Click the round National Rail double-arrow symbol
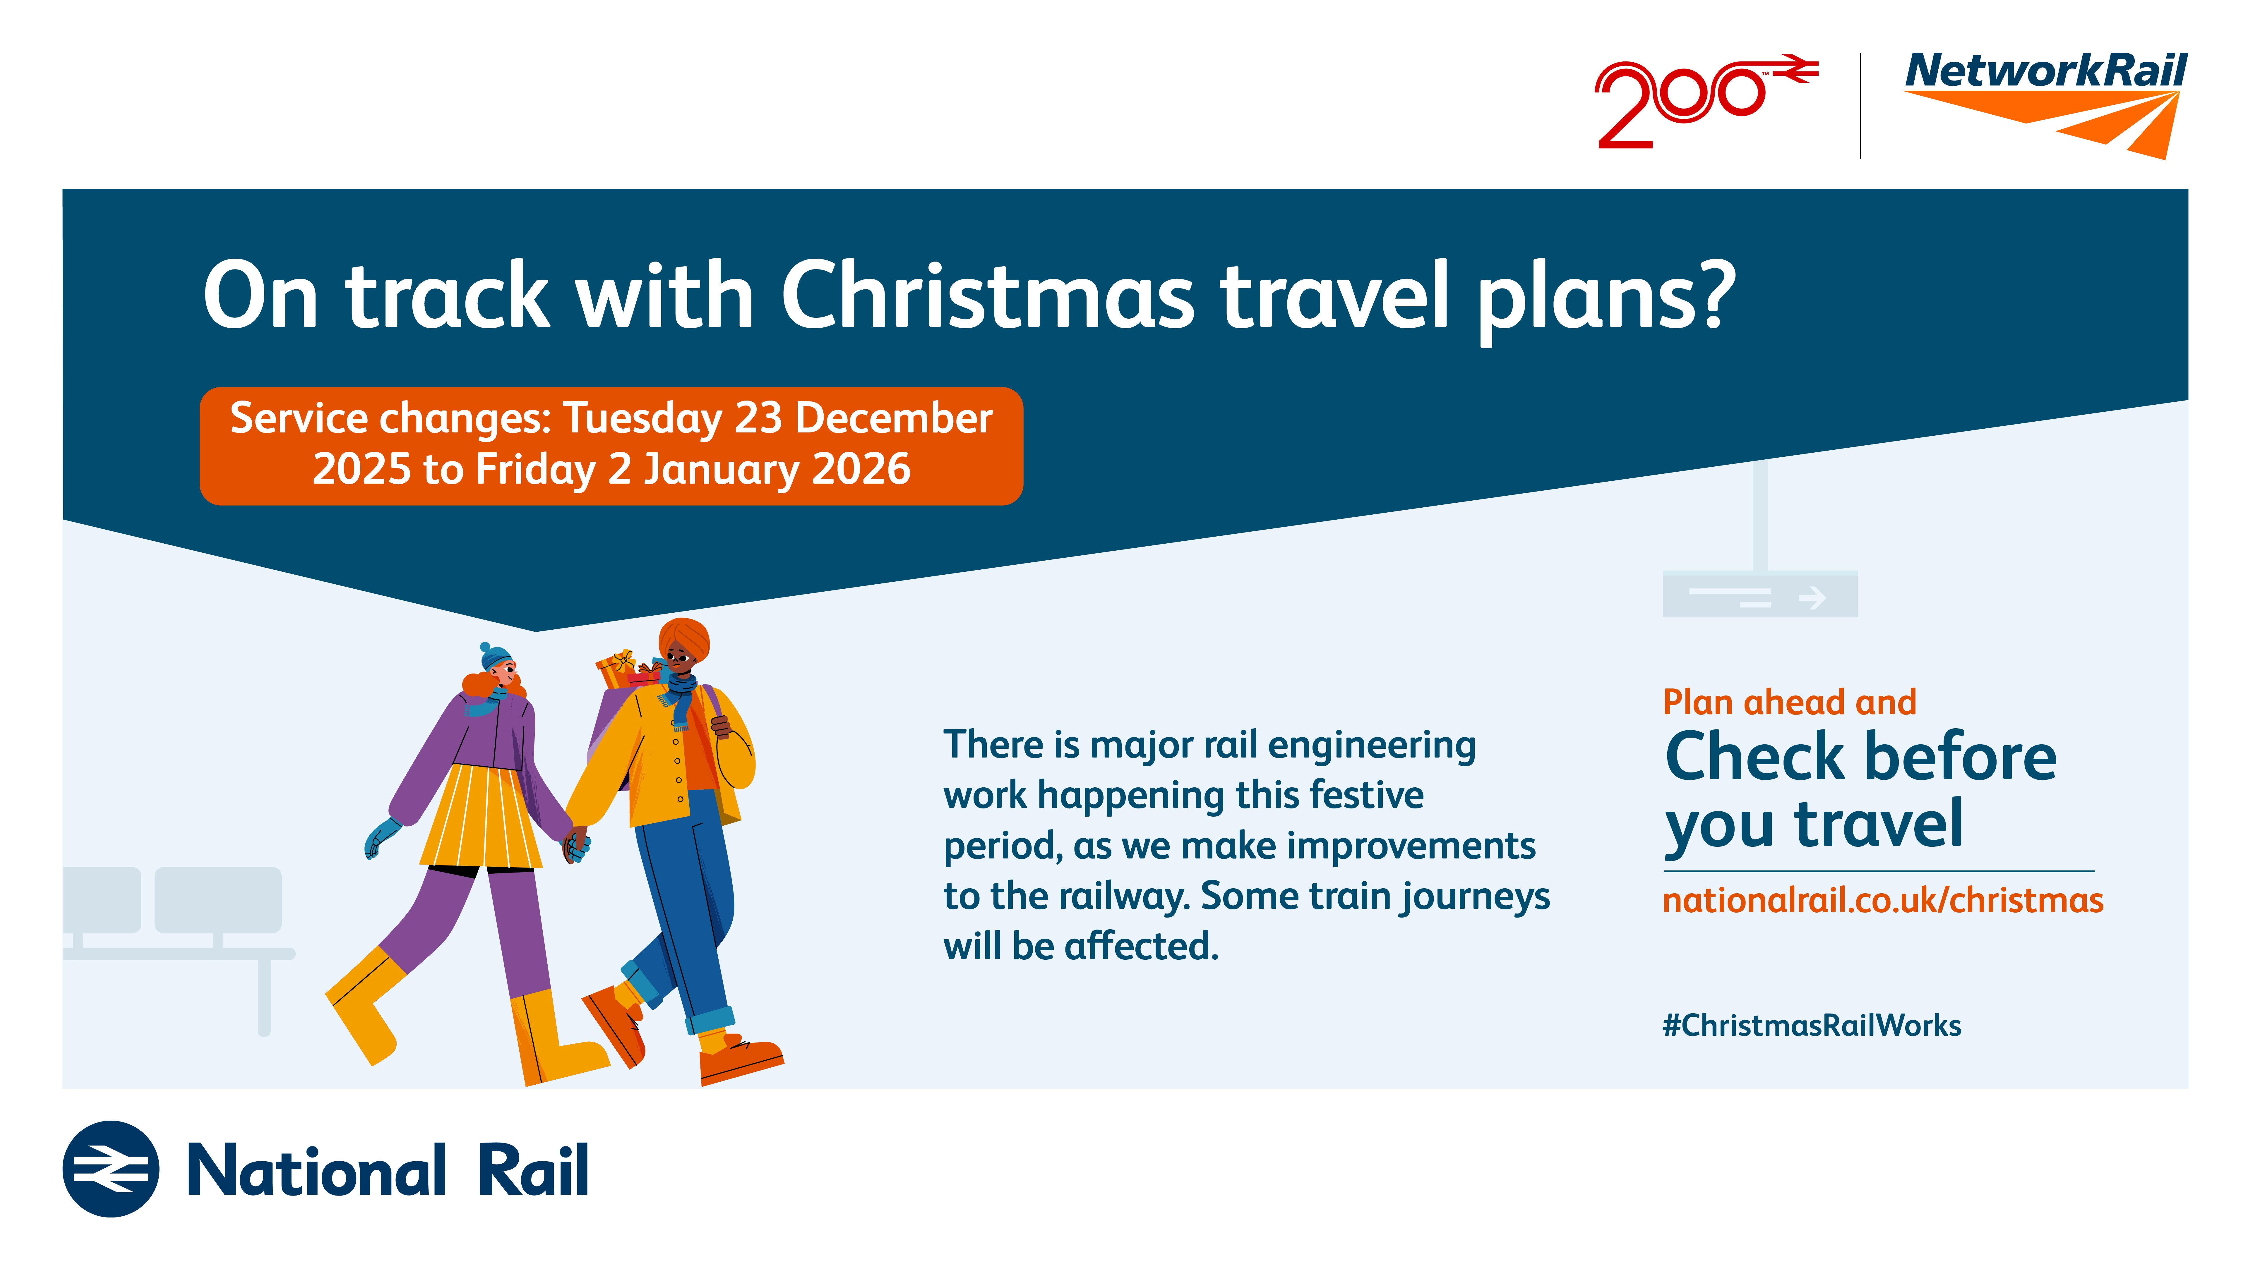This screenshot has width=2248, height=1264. point(111,1169)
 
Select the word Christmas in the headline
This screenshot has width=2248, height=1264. point(987,295)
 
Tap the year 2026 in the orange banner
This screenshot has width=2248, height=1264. point(861,469)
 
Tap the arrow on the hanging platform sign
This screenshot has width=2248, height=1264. point(1812,597)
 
